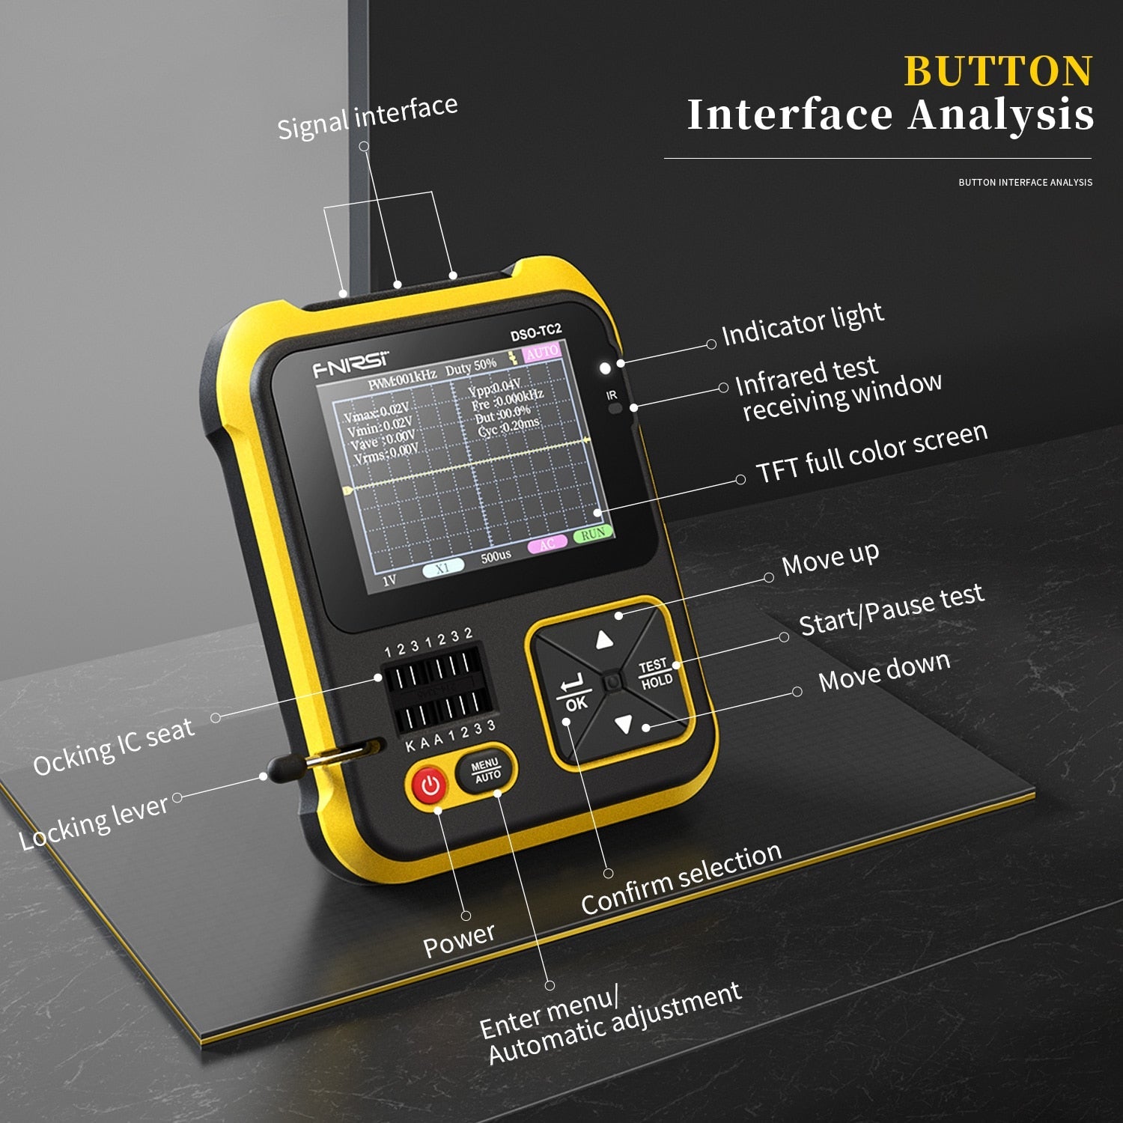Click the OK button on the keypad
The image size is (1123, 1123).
click(x=574, y=693)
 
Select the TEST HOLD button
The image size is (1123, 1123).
click(x=655, y=674)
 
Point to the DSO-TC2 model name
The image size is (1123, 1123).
click(x=535, y=332)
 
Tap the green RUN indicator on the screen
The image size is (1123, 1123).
click(x=593, y=535)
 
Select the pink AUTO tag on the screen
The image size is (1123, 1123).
click(x=541, y=352)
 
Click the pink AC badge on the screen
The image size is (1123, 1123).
click(x=547, y=544)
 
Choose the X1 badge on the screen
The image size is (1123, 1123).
click(x=442, y=569)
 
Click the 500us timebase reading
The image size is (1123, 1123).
click(x=496, y=556)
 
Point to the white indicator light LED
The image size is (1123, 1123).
click(x=605, y=368)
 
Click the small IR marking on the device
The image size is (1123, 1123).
click(x=612, y=395)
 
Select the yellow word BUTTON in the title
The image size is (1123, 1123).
click(x=998, y=72)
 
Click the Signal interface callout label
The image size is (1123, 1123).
click(x=367, y=117)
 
